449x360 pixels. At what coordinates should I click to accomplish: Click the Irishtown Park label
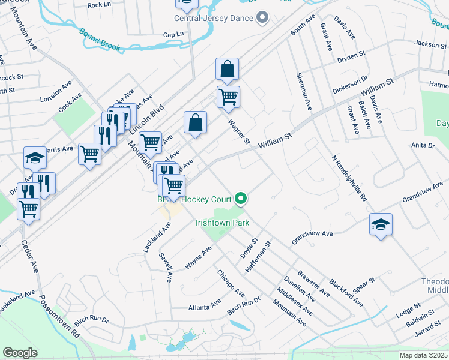[222, 223]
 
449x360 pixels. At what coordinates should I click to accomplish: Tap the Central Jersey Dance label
[214, 18]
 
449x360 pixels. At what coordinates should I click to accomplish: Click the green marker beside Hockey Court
[241, 197]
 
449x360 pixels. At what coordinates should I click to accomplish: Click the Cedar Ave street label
[29, 256]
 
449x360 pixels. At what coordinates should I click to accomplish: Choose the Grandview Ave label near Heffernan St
[312, 237]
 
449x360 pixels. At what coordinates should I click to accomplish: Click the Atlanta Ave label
[205, 307]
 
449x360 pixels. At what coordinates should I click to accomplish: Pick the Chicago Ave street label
[231, 283]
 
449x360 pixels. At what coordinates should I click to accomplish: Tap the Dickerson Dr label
[350, 85]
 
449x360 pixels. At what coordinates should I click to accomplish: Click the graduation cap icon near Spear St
[381, 224]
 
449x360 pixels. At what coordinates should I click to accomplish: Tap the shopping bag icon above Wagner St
[228, 70]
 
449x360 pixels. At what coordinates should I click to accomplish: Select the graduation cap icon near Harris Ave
[35, 158]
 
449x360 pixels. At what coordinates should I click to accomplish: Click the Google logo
[20, 352]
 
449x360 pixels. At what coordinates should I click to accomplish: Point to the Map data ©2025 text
[423, 355]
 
